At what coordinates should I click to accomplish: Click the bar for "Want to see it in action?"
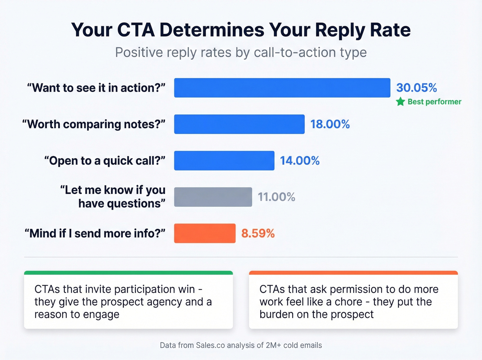(282, 88)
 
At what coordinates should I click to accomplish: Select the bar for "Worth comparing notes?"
(239, 124)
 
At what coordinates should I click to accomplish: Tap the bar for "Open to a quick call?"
(224, 161)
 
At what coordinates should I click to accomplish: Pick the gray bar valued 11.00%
(213, 197)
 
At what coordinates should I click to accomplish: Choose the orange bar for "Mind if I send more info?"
(205, 234)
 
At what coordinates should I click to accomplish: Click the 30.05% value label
(416, 88)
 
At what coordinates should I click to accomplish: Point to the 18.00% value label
(330, 124)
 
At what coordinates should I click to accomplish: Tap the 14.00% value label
(300, 161)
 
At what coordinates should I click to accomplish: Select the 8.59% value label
(258, 234)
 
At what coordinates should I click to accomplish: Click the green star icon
(400, 102)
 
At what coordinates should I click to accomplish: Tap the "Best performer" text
(434, 102)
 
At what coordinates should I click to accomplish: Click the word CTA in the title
(136, 30)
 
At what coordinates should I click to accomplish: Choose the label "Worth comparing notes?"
(94, 124)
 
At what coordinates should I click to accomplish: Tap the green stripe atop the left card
(128, 273)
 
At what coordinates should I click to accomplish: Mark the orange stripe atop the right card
(353, 273)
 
